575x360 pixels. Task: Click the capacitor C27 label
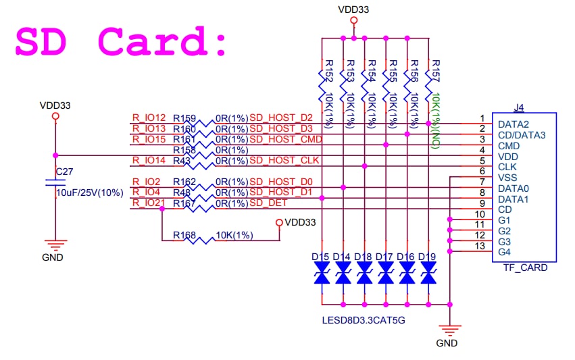coord(64,172)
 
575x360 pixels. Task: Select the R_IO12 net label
coord(149,118)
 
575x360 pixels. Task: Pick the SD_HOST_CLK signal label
coord(284,161)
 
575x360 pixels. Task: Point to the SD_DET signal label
coord(268,203)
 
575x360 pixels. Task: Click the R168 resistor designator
coord(184,235)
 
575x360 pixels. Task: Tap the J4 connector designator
coord(519,107)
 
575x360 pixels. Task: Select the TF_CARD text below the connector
coord(525,267)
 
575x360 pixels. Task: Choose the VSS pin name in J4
coord(507,178)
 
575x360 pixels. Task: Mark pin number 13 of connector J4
coord(479,246)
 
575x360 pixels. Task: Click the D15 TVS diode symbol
coord(322,274)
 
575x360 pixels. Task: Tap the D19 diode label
coord(426,257)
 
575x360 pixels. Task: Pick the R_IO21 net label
coord(149,203)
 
